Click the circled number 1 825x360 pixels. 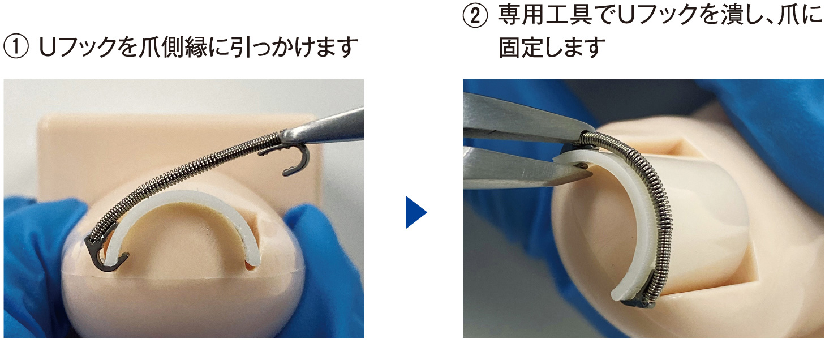(16, 48)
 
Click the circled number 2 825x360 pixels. (475, 15)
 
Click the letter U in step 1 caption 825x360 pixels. (48, 48)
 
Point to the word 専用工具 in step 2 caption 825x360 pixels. (544, 15)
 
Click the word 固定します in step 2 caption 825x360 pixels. (552, 48)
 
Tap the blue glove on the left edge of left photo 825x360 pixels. (29, 258)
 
